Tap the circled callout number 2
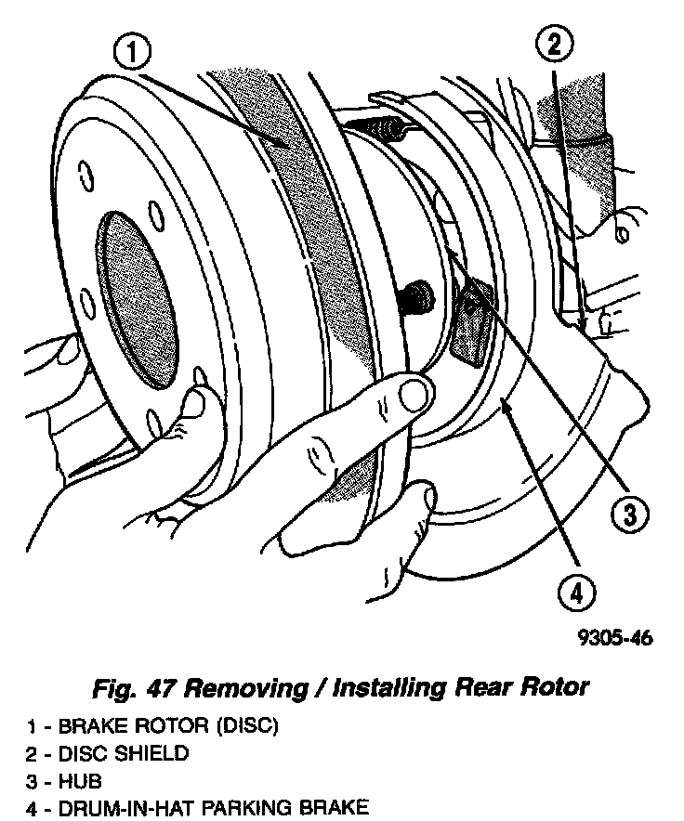554,43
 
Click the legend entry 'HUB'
80,781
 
